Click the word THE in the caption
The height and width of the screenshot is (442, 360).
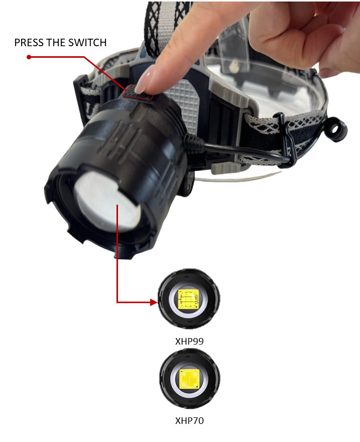pos(56,43)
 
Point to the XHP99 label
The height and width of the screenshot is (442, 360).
pos(189,341)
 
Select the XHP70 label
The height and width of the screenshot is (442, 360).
pos(189,420)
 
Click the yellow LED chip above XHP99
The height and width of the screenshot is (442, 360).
pos(188,299)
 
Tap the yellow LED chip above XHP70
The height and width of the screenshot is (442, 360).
pos(189,378)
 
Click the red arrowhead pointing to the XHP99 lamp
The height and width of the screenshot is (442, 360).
pos(154,302)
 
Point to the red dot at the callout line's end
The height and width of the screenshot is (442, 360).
pos(29,57)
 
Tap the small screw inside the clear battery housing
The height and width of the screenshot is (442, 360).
pos(233,67)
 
